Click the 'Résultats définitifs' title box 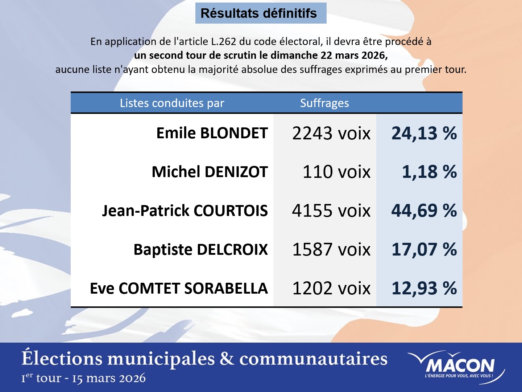261,13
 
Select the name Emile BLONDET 212,133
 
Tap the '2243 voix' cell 331,133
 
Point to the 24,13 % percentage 424,133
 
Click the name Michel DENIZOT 210,172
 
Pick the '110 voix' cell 336,172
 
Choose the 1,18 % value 430,172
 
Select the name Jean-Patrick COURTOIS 185,211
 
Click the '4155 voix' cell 331,211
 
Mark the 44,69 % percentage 424,211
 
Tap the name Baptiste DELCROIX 200,250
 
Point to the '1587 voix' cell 331,250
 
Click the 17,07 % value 424,250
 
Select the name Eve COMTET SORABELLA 179,289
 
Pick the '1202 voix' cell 331,289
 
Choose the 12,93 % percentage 424,289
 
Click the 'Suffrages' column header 324,103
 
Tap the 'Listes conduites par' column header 172,103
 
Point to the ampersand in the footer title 227,359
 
